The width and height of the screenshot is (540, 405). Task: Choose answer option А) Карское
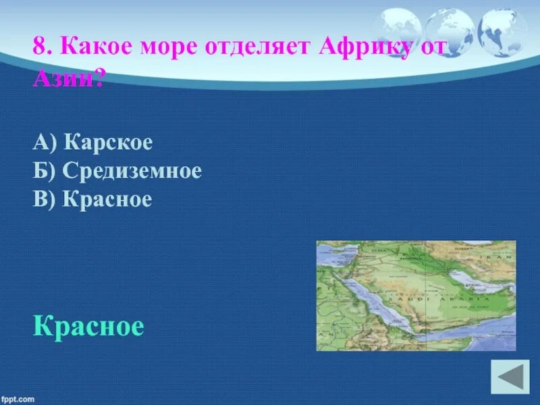tap(92, 142)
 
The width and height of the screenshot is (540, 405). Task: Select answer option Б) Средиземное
tap(116, 171)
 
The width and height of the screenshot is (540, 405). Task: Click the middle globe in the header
tap(449, 30)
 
